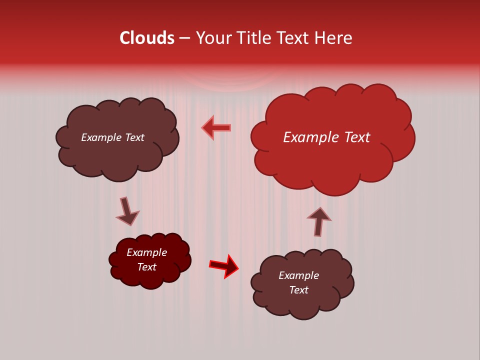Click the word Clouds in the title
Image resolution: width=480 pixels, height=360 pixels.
tap(147, 38)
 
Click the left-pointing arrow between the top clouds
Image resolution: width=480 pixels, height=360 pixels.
tap(216, 127)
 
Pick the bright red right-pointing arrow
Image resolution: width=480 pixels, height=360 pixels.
tap(224, 266)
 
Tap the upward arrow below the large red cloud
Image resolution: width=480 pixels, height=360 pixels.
tap(318, 221)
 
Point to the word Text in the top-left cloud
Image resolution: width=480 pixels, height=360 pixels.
tap(135, 137)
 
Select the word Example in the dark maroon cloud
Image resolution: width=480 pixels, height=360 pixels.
tap(146, 252)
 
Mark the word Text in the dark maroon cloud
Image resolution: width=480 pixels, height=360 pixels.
tap(146, 267)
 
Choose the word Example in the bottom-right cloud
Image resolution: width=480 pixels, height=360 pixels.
tap(298, 275)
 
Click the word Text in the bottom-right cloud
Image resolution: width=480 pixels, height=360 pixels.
tap(298, 290)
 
